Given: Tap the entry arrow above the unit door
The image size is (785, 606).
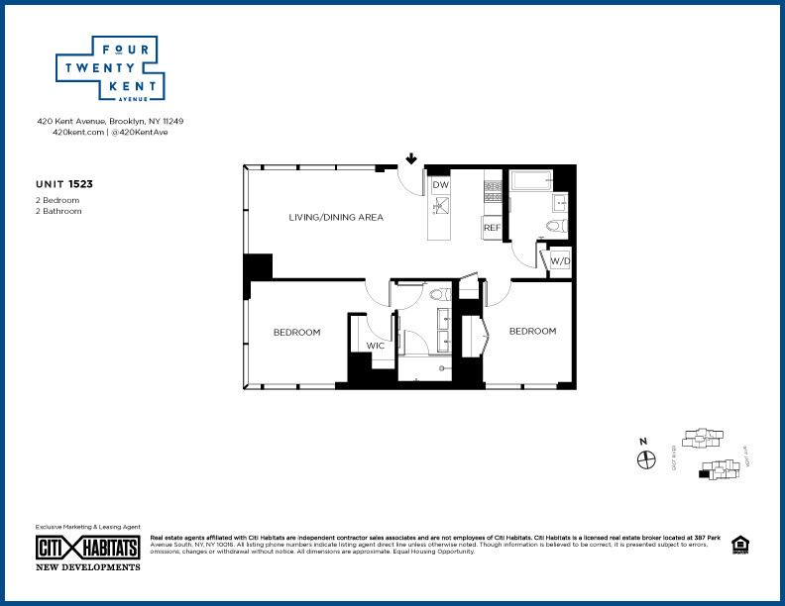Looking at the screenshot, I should pos(410,157).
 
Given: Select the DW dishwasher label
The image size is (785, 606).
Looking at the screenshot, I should pos(441,185).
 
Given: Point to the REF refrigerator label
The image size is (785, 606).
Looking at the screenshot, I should pos(492,227).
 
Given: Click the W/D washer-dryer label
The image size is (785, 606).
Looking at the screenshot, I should pos(560,261).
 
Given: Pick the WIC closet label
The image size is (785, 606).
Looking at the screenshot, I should pos(376,346).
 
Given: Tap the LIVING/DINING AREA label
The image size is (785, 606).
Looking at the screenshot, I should pos(336,217).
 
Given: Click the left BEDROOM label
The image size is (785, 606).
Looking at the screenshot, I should pos(296,332).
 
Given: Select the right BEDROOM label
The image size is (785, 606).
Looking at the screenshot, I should pos(532,331).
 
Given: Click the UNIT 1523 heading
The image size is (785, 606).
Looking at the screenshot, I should pos(65,183).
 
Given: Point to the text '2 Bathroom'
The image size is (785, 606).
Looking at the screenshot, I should pos(58,211).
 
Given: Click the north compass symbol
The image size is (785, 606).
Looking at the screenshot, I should pos(646,459).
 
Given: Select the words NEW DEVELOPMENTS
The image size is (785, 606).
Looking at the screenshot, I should pos(88,567).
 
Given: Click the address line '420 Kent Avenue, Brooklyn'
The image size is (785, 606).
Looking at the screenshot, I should pos(110,121).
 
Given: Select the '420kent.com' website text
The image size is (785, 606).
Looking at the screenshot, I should pos(77,132).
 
